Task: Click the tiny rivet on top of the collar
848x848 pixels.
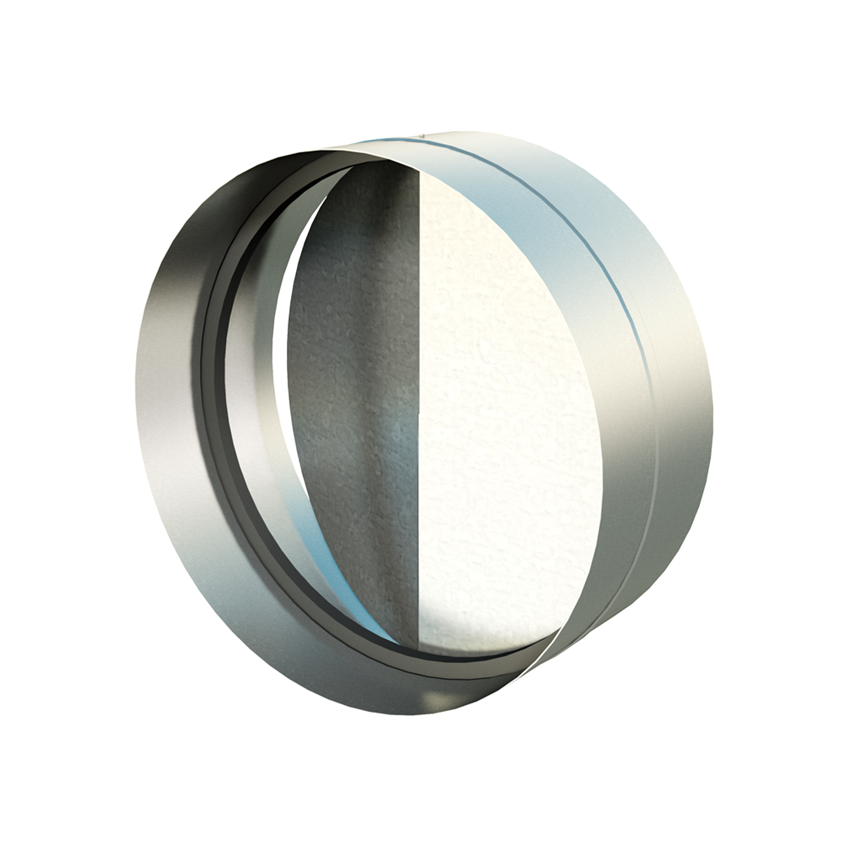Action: click(422, 135)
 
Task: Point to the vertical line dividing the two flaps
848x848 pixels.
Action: click(419, 396)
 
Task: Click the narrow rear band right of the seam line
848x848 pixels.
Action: click(678, 367)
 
